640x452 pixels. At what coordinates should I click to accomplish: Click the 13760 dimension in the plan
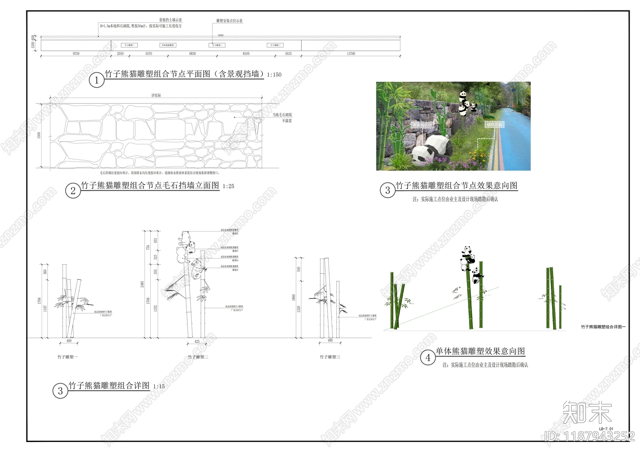(x=351, y=54)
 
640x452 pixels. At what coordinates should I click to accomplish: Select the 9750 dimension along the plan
(x=76, y=54)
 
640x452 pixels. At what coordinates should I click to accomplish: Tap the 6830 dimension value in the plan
(x=192, y=54)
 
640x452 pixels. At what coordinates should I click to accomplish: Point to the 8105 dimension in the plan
(x=246, y=54)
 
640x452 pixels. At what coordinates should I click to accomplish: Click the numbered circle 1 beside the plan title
(x=96, y=80)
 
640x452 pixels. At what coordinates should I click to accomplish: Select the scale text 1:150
(x=274, y=75)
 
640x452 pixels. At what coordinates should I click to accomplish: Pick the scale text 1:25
(x=228, y=186)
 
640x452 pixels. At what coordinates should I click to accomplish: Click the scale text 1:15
(x=159, y=386)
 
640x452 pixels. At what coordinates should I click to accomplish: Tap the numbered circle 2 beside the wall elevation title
(x=73, y=191)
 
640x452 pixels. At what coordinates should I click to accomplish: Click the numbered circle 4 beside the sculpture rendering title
(x=428, y=357)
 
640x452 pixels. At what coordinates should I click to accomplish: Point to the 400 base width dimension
(x=69, y=341)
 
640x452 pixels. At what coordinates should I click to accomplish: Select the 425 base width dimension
(x=197, y=342)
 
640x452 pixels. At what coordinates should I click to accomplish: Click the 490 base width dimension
(x=330, y=340)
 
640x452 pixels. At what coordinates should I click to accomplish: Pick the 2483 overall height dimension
(x=142, y=284)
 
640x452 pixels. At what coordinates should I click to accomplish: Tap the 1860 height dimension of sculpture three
(x=294, y=298)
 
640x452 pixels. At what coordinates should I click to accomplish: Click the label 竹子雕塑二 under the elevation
(x=198, y=357)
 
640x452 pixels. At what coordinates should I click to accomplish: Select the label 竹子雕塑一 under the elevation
(x=68, y=357)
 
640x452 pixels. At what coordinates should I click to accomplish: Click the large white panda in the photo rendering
(x=432, y=149)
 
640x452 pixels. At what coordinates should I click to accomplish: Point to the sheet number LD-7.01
(x=606, y=429)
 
